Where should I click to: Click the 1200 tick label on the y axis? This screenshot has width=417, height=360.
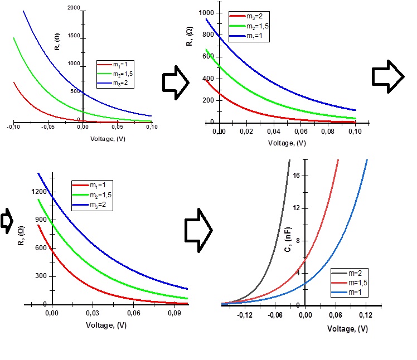point(40,192)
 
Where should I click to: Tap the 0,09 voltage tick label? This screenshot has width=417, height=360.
point(174,314)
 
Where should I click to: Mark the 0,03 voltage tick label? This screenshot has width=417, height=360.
point(93,314)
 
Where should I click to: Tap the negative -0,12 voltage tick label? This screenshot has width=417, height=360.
point(245,315)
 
